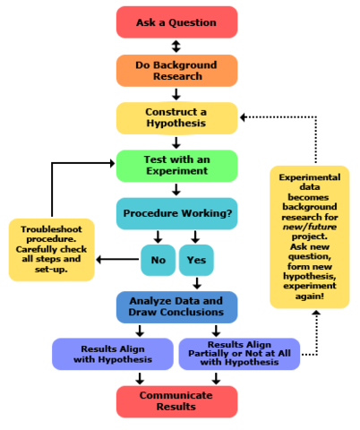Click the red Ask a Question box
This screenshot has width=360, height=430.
[x=176, y=21]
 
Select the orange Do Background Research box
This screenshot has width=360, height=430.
[x=176, y=70]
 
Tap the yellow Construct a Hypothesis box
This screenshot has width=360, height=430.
[x=176, y=118]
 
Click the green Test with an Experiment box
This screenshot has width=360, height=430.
[x=176, y=166]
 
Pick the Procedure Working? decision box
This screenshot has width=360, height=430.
[x=176, y=214]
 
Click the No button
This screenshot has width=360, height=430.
[x=158, y=260]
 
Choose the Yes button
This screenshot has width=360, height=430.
[x=196, y=260]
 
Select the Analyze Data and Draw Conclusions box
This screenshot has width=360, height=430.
[x=176, y=307]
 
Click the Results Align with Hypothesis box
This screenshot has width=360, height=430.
[x=111, y=354]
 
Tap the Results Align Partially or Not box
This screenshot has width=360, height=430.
[x=240, y=354]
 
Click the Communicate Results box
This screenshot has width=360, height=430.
[x=176, y=401]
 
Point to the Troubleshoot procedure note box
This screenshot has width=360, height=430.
[x=51, y=250]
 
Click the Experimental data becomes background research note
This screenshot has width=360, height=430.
[x=309, y=237]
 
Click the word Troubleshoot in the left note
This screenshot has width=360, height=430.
[x=51, y=229]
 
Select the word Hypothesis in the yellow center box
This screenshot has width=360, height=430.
[x=176, y=125]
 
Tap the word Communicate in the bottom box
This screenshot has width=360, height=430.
[x=176, y=395]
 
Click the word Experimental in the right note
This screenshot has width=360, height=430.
[x=309, y=177]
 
